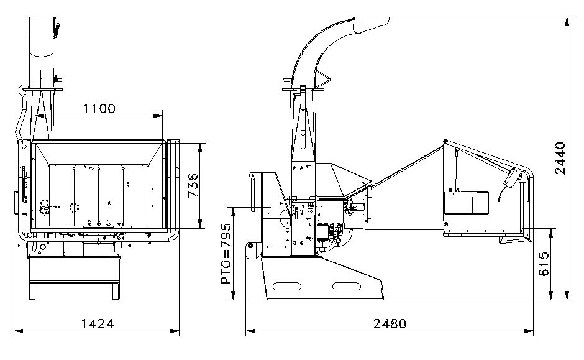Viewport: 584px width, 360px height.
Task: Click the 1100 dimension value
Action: pos(99,108)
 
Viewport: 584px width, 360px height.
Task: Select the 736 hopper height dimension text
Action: pos(193,186)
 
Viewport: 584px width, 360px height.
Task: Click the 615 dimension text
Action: pos(544,265)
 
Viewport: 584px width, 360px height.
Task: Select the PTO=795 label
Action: pos(226,254)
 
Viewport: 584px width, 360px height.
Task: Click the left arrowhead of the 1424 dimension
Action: pos(17,330)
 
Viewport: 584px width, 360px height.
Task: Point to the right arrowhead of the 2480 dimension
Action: pos(531,330)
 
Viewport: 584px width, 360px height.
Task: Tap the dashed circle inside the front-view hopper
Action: pos(76,207)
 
